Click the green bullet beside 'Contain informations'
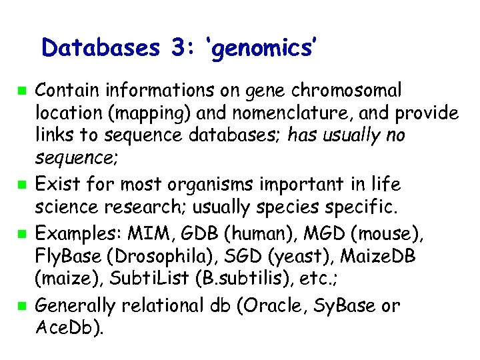[22, 89]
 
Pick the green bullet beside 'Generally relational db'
[22, 307]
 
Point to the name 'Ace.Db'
[67, 329]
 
